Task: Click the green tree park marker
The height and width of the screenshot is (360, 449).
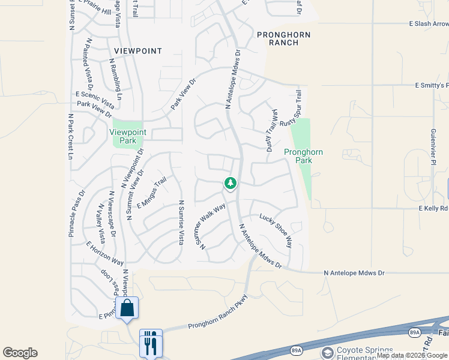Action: [230, 183]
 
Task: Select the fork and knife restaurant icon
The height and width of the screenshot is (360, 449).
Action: [151, 342]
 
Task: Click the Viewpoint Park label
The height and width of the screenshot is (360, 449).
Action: [127, 136]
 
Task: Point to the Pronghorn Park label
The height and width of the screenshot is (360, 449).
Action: [303, 156]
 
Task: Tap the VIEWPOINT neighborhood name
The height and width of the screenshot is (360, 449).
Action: [135, 51]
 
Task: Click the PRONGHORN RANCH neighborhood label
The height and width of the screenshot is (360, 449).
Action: [284, 39]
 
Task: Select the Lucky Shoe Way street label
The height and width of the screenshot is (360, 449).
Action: [276, 231]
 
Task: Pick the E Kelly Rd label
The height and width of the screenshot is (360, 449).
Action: [433, 208]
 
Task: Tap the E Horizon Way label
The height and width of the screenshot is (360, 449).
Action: [105, 253]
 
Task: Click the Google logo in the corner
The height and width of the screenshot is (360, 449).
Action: [20, 353]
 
